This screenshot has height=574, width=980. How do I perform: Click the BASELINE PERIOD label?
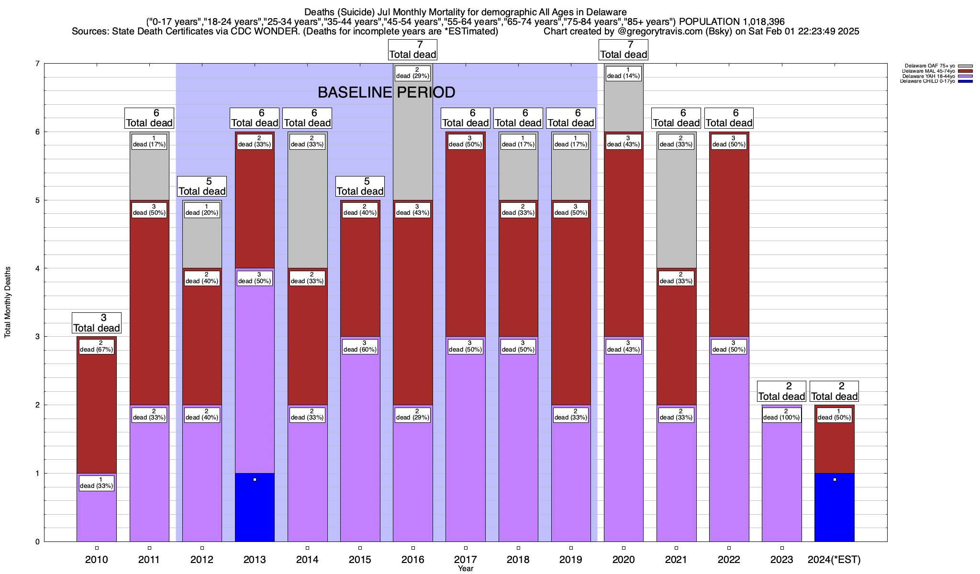pos(386,92)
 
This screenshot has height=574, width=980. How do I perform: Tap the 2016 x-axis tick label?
pos(412,560)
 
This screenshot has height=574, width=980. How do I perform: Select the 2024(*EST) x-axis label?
pos(834,560)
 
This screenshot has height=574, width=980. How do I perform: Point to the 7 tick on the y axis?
pos(37,64)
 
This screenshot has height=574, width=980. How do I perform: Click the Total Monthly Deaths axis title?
pos(8,302)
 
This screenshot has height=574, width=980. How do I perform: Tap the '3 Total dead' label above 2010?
pos(96,323)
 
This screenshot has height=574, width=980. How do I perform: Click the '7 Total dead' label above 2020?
pos(623,50)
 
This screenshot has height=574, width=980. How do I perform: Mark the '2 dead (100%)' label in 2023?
pos(781,415)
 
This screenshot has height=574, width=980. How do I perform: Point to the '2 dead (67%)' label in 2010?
pos(96,346)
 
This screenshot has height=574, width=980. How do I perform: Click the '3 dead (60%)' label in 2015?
pos(360,346)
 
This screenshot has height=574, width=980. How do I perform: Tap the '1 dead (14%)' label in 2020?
pos(623,73)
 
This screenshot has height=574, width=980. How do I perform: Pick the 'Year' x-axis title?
pos(465,569)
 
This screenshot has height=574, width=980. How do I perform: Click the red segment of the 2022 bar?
pos(729,239)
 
